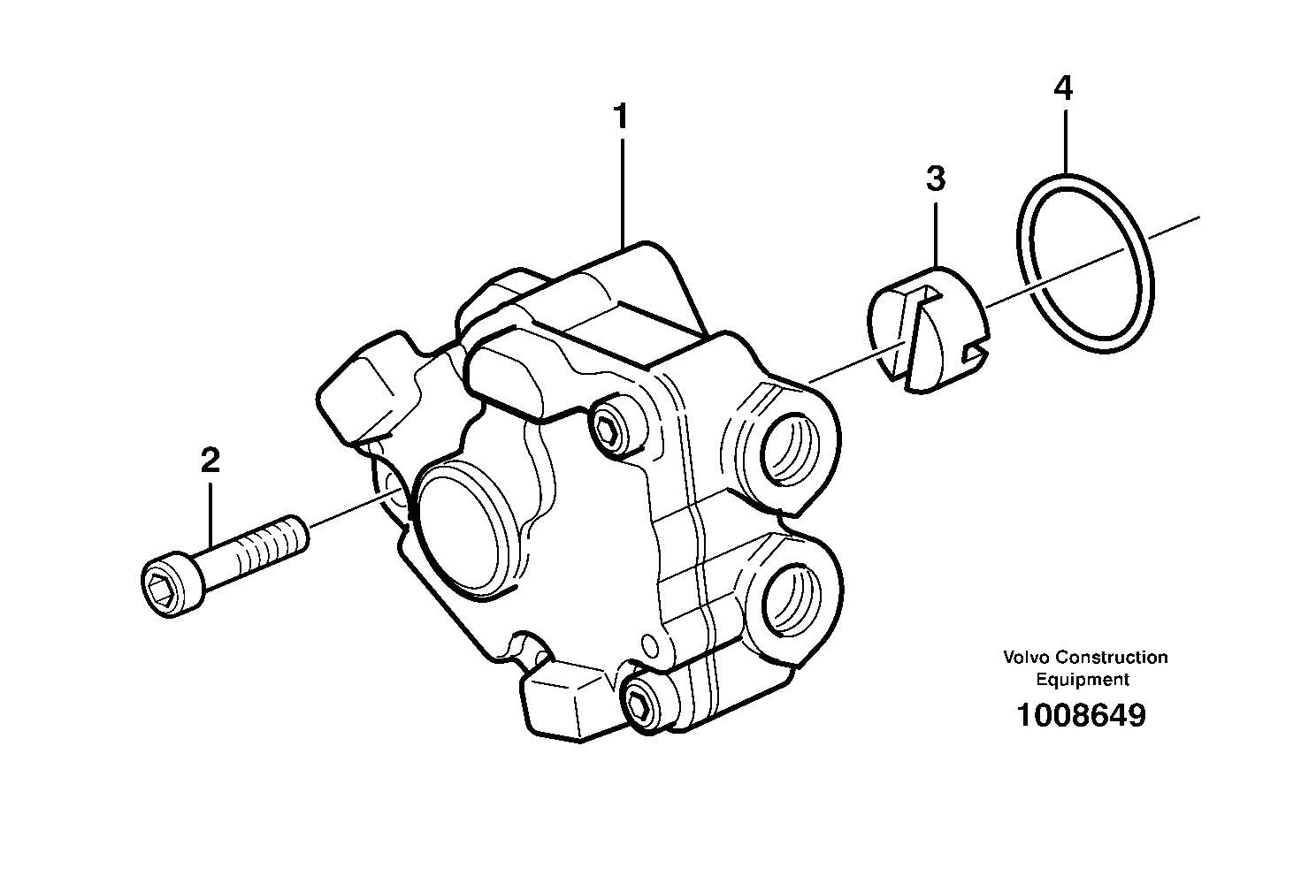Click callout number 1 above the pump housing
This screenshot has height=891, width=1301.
pyautogui.click(x=621, y=118)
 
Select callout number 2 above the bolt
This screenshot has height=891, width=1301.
pyautogui.click(x=210, y=461)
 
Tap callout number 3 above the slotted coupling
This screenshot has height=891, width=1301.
pyautogui.click(x=936, y=179)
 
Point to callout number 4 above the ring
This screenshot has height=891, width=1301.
pyautogui.click(x=1063, y=88)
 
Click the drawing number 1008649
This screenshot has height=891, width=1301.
pyautogui.click(x=1081, y=715)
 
